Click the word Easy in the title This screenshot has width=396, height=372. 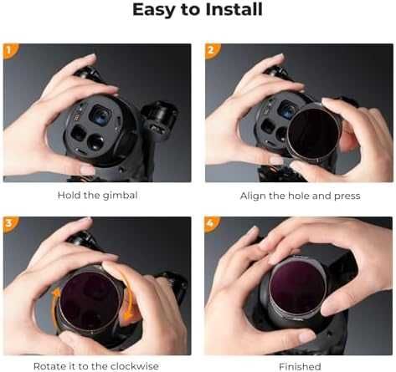coord(156,11)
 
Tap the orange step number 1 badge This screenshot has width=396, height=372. coord(10,50)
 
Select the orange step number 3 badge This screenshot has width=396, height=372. coord(10,224)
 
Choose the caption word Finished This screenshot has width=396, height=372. coord(299,366)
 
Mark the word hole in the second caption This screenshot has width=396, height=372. coord(296,195)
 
